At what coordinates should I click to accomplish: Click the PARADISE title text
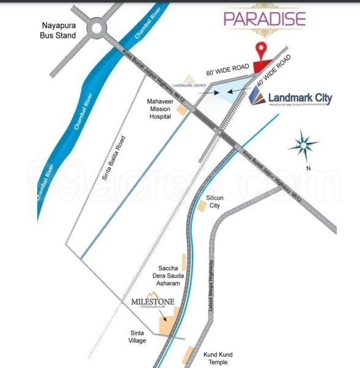pos(264,18)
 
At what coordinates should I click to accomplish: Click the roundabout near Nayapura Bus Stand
pos(97,28)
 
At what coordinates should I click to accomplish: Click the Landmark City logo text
pos(292,98)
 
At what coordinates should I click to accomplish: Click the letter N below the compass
pos(309,168)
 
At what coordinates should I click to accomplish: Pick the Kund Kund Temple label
pos(218,358)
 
